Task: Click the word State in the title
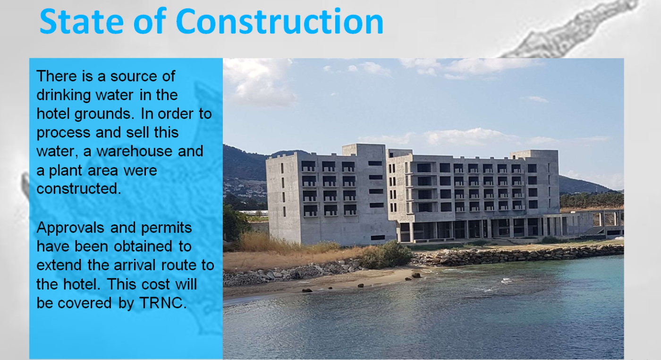coord(81,21)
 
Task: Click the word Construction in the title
coord(280,21)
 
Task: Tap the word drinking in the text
coord(63,95)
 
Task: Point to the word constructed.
coord(79,189)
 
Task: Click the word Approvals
coord(70,228)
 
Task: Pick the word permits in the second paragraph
coord(166,228)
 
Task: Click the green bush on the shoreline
coord(386,255)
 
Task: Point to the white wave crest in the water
coord(507,281)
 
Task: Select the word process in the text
coord(63,133)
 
